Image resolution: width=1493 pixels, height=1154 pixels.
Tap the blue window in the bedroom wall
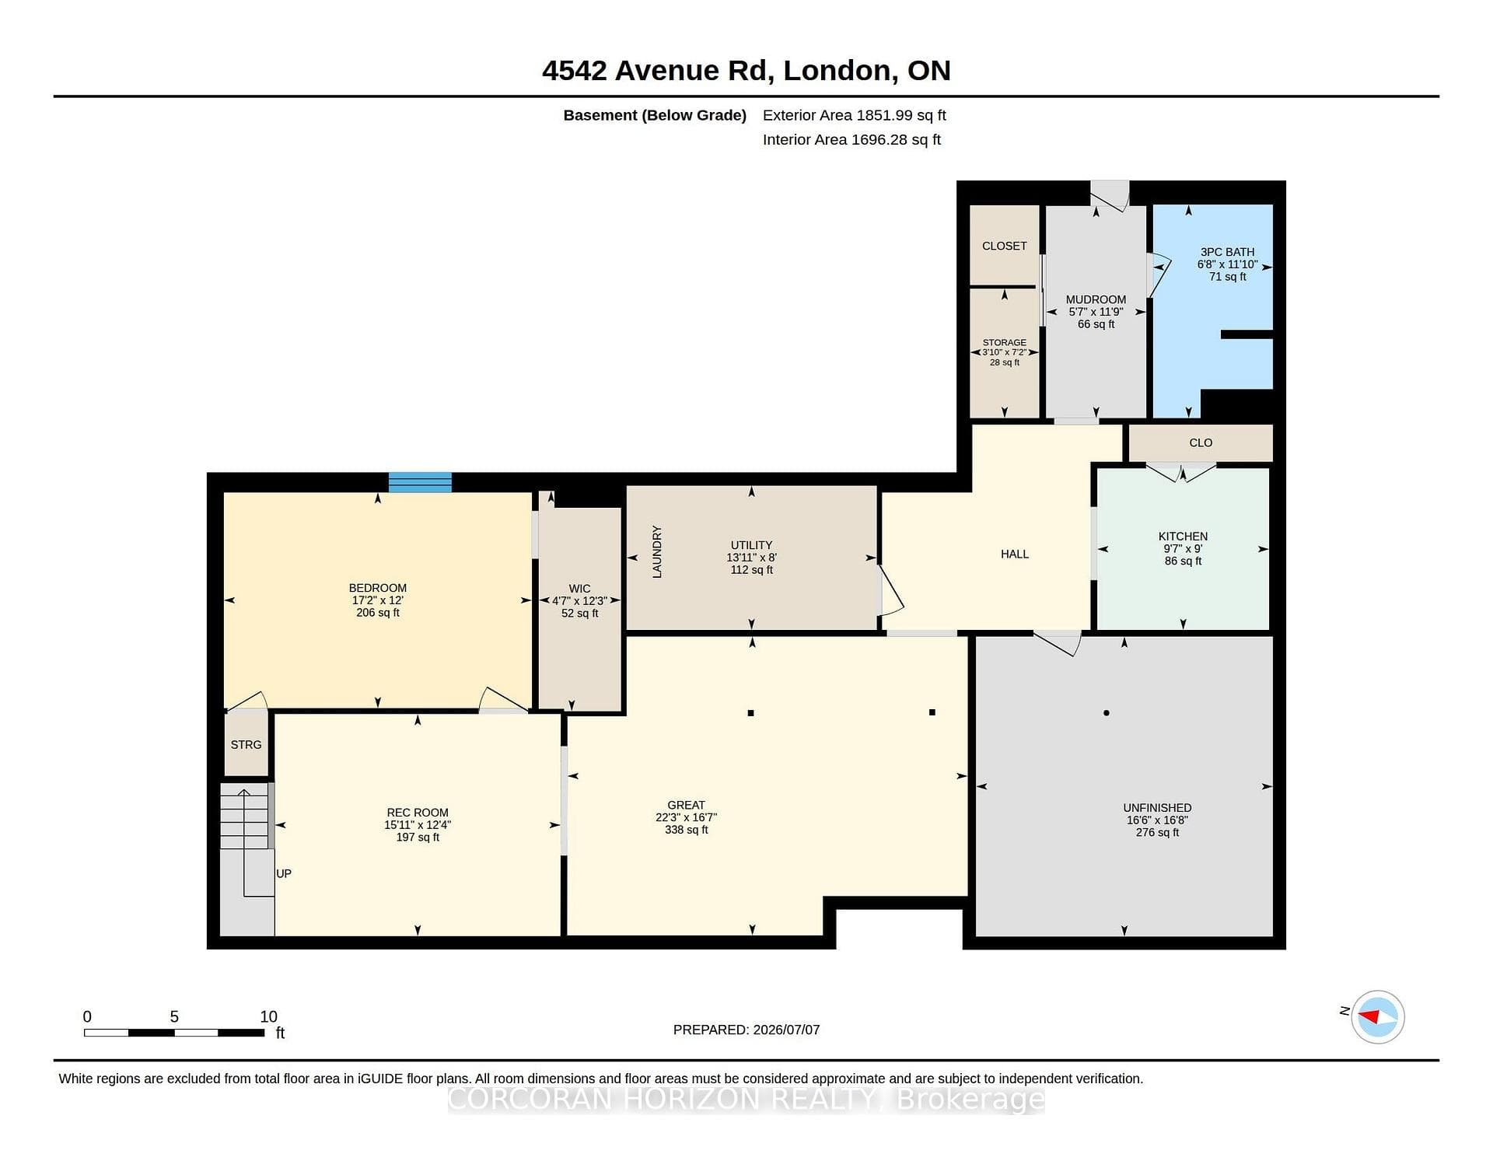coord(420,482)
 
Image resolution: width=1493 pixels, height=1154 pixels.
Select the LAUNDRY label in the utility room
coord(657,551)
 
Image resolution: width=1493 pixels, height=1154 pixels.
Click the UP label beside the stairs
coord(284,873)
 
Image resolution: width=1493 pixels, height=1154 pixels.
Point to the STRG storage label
coord(246,744)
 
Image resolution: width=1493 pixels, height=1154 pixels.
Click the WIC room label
coord(579,589)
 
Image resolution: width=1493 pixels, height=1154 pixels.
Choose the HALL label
coord(1015,554)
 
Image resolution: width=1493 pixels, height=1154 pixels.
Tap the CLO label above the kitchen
coord(1201,442)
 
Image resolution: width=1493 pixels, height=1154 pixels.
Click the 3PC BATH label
coord(1227,252)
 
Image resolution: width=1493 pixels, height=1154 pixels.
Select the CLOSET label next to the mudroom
coord(1004,246)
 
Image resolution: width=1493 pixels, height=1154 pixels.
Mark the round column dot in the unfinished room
coord(1106,712)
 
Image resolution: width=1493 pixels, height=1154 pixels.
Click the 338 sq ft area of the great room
coord(686,830)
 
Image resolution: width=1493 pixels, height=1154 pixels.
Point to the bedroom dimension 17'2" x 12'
coord(378,600)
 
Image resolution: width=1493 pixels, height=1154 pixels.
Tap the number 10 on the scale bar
coord(268,1016)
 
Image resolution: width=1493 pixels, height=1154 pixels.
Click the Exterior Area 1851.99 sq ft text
coord(854,115)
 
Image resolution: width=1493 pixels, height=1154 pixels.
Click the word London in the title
coord(837,71)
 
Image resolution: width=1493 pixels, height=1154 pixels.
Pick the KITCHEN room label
coord(1183,537)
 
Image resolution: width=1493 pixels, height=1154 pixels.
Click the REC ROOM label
coord(418,813)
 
